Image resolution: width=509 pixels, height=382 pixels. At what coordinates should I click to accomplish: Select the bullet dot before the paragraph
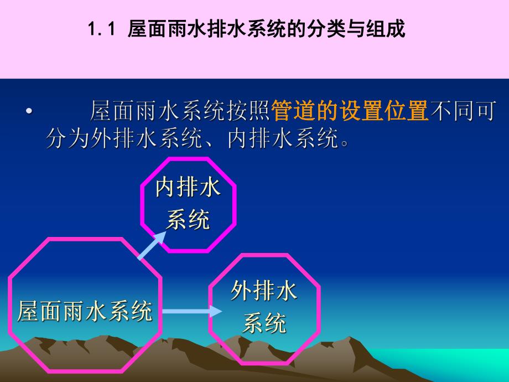tap(29, 112)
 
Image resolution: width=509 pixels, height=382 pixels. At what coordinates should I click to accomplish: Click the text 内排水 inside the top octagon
tap(188, 188)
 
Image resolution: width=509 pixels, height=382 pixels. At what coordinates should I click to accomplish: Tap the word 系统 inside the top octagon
tap(188, 220)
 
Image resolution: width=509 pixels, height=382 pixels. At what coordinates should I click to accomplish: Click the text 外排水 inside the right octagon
tap(264, 291)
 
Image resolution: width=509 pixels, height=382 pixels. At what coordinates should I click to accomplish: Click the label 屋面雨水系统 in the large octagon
tap(85, 311)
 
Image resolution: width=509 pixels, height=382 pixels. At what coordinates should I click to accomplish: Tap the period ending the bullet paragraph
tap(345, 142)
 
